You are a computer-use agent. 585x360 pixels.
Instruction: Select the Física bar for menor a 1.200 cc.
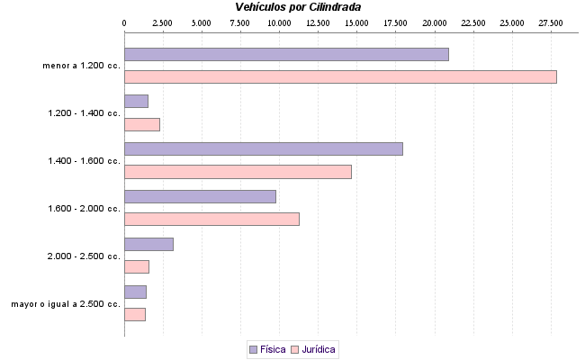(x=286, y=54)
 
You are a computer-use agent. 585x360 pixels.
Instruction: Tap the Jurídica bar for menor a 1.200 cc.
(x=340, y=76)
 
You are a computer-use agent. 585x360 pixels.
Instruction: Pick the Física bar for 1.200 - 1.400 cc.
(x=136, y=102)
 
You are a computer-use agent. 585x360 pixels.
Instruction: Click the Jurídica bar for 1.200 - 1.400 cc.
(x=141, y=124)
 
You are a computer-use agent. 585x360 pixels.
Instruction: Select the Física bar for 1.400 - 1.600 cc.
(x=263, y=149)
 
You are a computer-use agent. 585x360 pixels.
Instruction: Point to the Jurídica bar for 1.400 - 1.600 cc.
(x=238, y=172)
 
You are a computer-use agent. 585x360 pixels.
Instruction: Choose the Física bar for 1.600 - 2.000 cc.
(x=200, y=196)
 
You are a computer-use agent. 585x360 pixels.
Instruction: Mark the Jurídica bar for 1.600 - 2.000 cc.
(x=211, y=219)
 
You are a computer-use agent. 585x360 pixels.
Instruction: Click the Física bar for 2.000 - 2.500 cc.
(x=148, y=244)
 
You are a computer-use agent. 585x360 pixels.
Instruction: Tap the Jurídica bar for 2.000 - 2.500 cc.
(x=136, y=266)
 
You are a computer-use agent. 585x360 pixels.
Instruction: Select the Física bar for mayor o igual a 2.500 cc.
(x=135, y=292)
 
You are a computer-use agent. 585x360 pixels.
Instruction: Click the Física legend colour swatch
(x=253, y=348)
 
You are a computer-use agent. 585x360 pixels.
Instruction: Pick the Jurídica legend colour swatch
(x=294, y=348)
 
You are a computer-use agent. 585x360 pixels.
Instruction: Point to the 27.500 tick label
(x=550, y=22)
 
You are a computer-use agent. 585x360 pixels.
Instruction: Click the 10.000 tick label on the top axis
(x=279, y=22)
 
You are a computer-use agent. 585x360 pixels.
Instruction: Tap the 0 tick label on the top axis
(x=124, y=22)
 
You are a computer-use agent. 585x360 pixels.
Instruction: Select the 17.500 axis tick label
(x=395, y=22)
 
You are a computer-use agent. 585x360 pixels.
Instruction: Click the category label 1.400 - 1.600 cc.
(x=84, y=161)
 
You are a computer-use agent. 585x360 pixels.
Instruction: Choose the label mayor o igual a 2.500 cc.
(x=66, y=304)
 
